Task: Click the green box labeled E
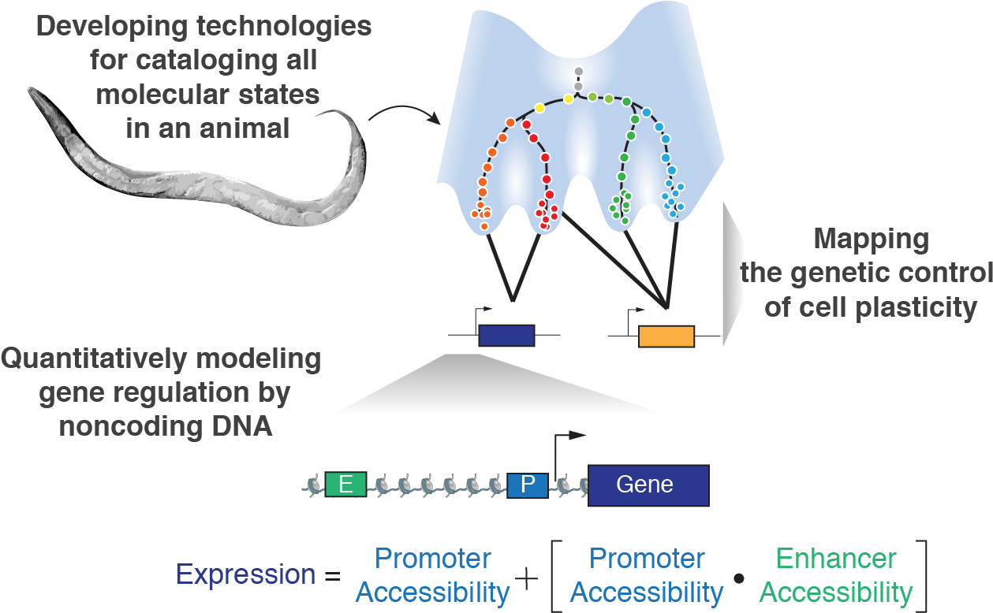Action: click(x=345, y=485)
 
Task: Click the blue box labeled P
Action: click(x=527, y=485)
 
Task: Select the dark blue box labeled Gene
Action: click(x=648, y=484)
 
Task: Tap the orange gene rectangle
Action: click(x=666, y=336)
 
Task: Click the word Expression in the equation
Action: click(x=246, y=574)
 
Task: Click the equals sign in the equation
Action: click(x=332, y=576)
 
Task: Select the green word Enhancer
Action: click(x=836, y=559)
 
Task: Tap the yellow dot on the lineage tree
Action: click(x=539, y=107)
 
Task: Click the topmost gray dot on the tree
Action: click(x=578, y=72)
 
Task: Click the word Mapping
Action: click(x=871, y=239)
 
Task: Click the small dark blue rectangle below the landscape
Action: click(x=506, y=336)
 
